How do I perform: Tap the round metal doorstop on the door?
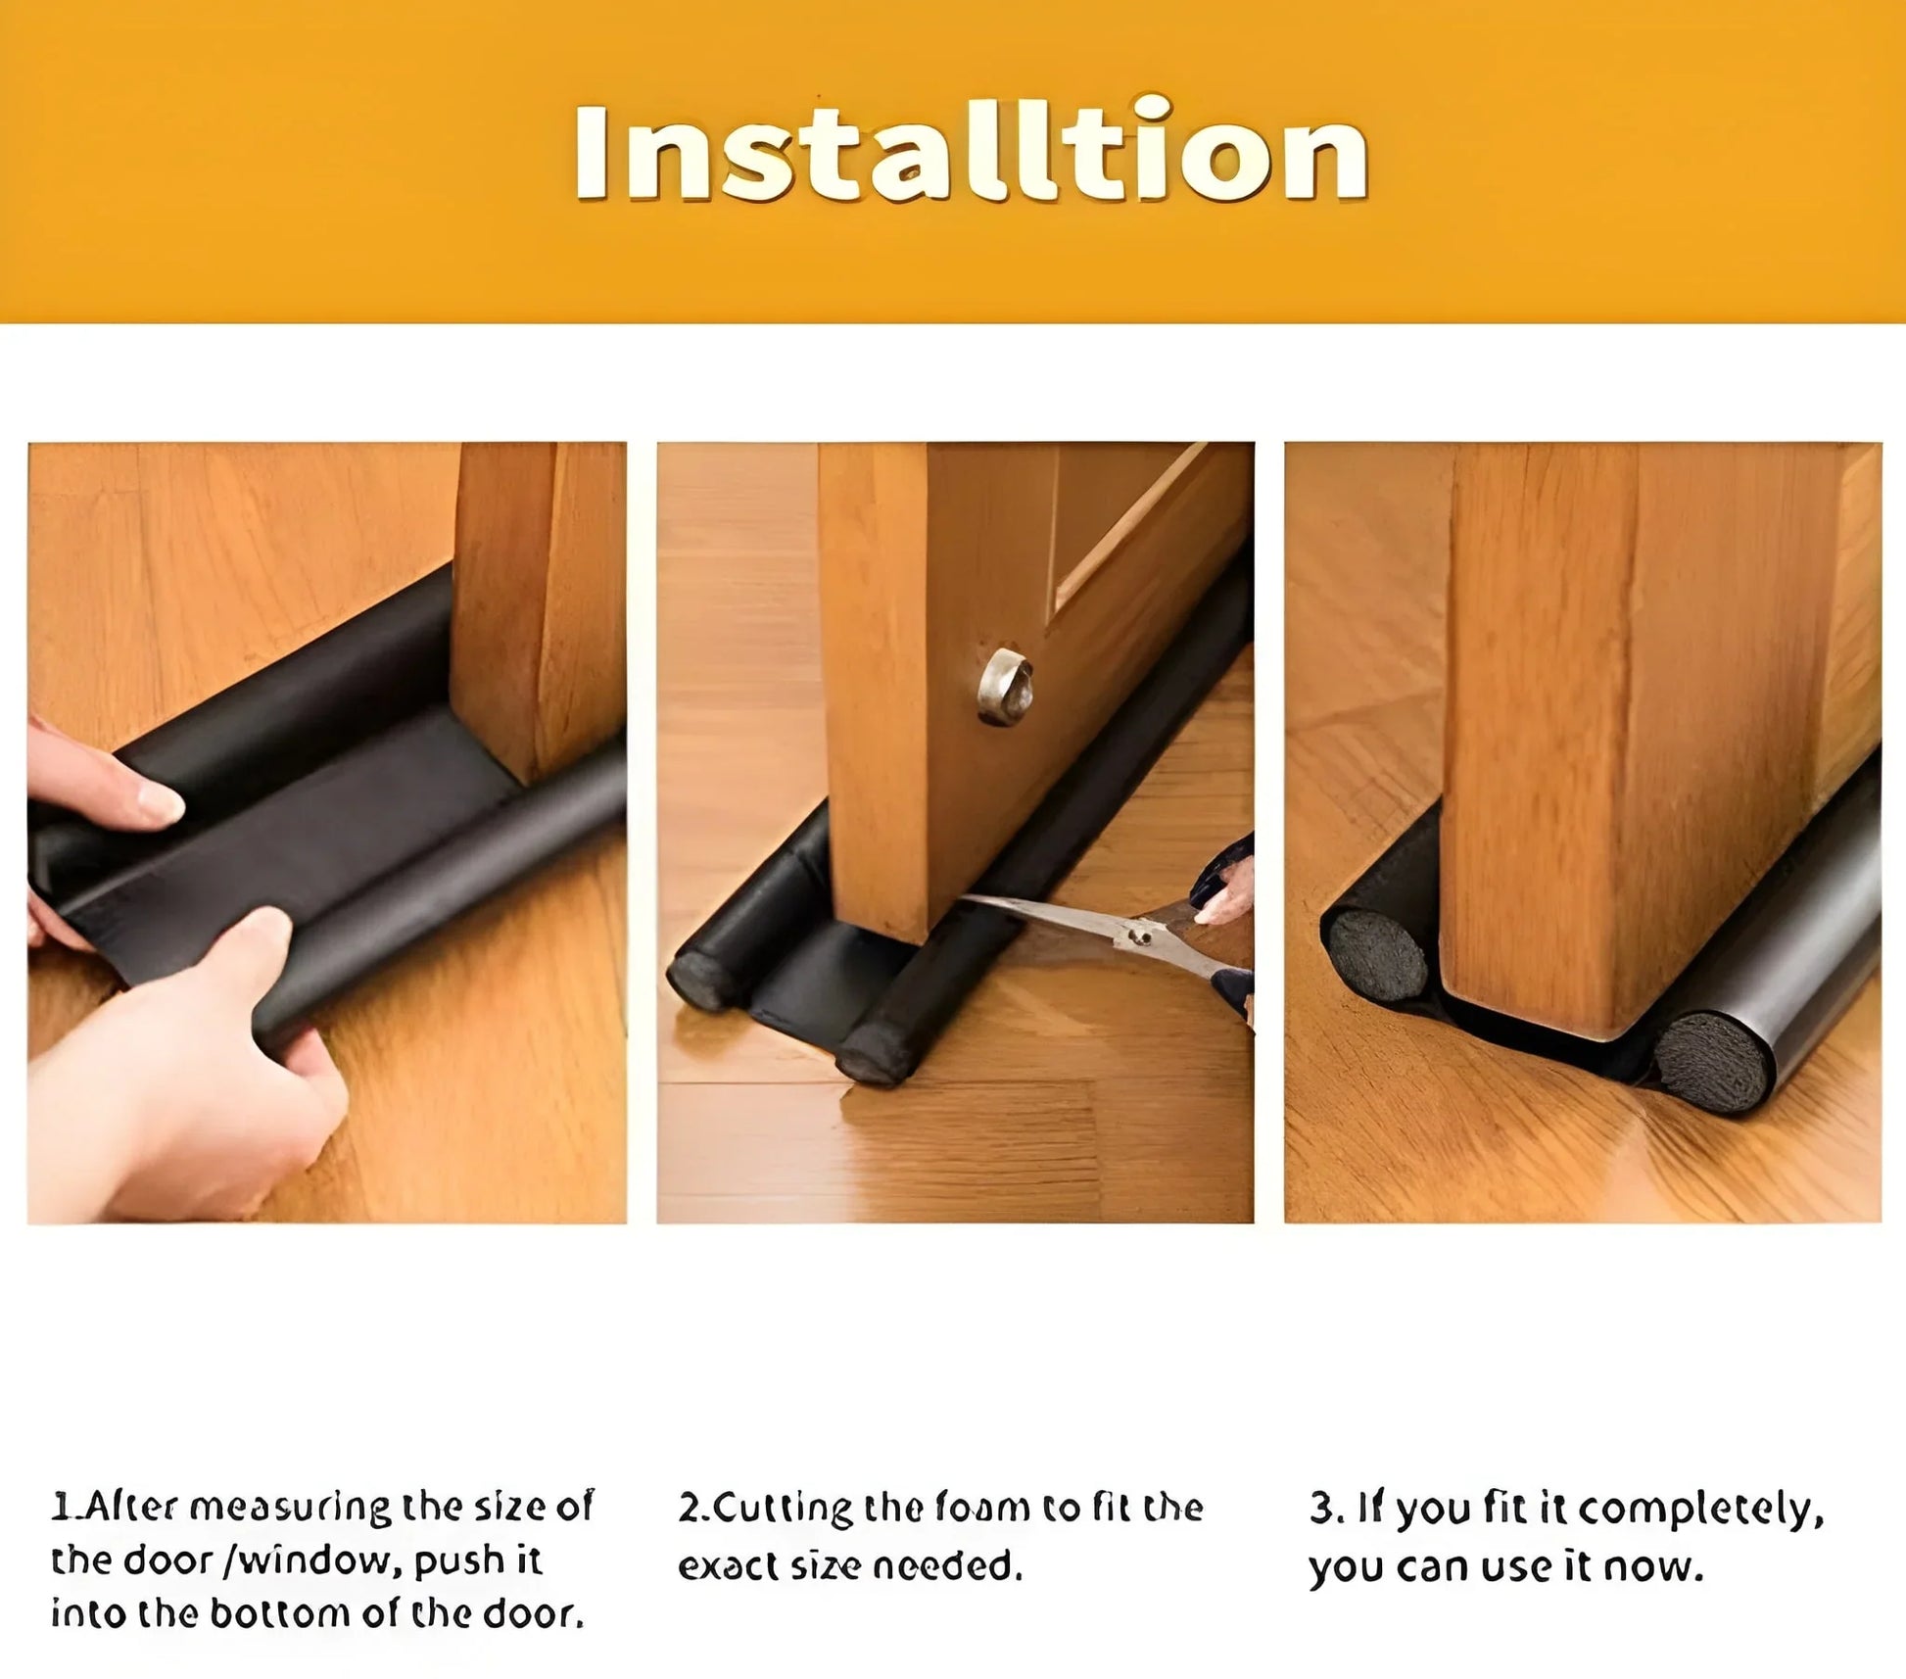point(1005,686)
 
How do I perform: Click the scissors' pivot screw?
point(1139,935)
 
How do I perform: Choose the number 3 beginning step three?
point(1320,1509)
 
